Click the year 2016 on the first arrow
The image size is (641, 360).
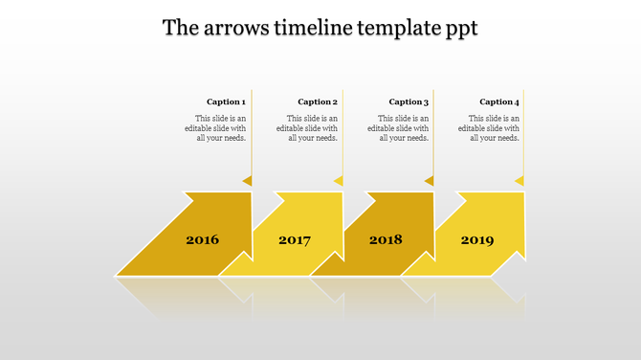[202, 239]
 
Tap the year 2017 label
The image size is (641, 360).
[295, 240]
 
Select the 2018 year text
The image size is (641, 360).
[386, 239]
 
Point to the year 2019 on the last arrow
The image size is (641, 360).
[477, 239]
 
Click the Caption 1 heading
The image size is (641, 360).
[226, 101]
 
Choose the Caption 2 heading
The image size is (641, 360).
[318, 101]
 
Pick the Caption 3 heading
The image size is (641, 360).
[409, 101]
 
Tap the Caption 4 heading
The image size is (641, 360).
[499, 101]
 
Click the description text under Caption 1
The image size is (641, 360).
[220, 128]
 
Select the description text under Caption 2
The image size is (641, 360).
[312, 128]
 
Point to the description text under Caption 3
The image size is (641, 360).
[403, 128]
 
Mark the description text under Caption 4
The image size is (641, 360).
[494, 128]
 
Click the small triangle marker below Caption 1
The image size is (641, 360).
[247, 180]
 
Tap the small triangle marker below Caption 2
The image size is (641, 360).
[338, 180]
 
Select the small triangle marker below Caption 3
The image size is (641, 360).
[429, 180]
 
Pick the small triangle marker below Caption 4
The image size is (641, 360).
[519, 180]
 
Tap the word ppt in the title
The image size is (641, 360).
[460, 30]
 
